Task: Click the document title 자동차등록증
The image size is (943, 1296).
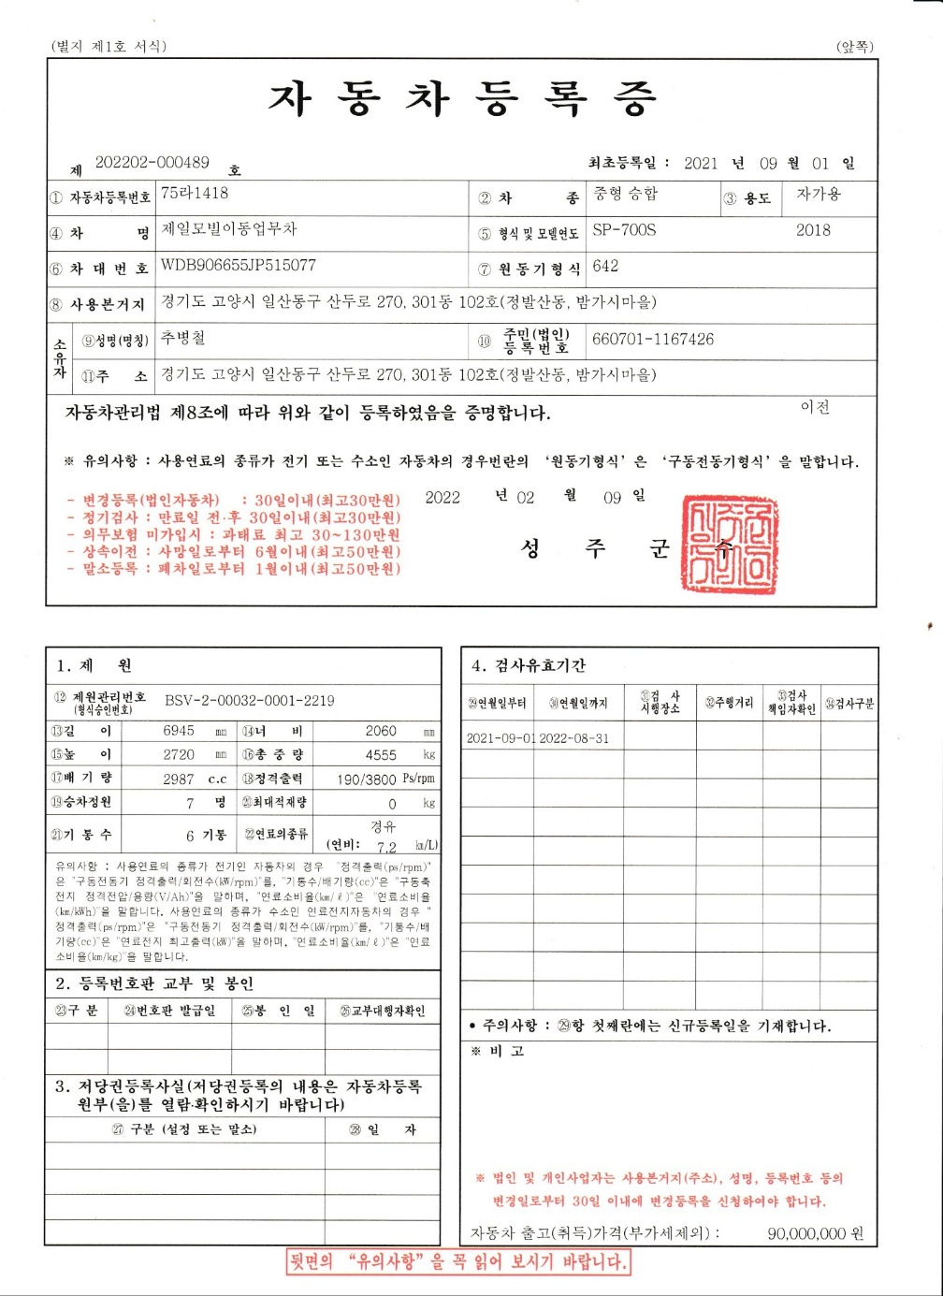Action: pyautogui.click(x=463, y=98)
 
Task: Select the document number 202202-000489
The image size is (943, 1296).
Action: pyautogui.click(x=152, y=162)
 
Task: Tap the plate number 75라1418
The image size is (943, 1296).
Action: pyautogui.click(x=195, y=193)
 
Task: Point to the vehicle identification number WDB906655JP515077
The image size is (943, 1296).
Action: pyautogui.click(x=239, y=265)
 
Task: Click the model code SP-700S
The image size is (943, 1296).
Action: pyautogui.click(x=624, y=230)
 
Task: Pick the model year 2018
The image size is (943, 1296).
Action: pyautogui.click(x=813, y=230)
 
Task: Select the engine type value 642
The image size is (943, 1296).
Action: pyautogui.click(x=605, y=266)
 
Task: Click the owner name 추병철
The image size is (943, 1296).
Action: pyautogui.click(x=183, y=338)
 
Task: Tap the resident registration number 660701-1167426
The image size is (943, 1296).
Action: pyautogui.click(x=653, y=339)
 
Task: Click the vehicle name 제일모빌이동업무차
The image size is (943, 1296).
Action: pyautogui.click(x=229, y=229)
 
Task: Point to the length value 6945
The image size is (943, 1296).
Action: pyautogui.click(x=179, y=731)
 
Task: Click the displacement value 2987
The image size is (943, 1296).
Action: pyautogui.click(x=179, y=779)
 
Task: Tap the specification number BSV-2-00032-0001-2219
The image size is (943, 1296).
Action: pyautogui.click(x=250, y=700)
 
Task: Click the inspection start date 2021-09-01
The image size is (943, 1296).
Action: pyautogui.click(x=501, y=738)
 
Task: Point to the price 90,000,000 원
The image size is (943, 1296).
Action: pyautogui.click(x=815, y=1234)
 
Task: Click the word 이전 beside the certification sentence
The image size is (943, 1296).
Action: pyautogui.click(x=815, y=407)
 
